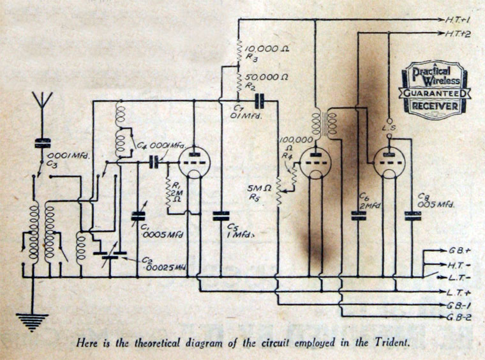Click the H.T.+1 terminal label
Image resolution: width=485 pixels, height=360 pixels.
(458, 20)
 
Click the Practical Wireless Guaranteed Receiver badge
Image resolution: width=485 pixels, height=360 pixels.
(434, 89)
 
